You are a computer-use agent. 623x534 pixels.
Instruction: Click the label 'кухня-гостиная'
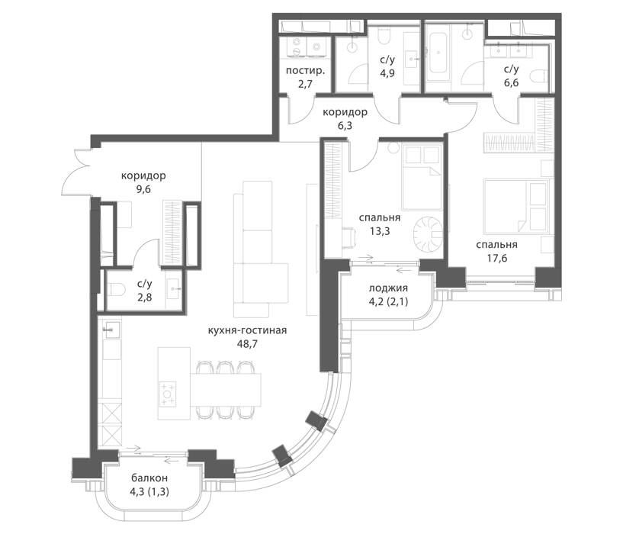tap(247, 330)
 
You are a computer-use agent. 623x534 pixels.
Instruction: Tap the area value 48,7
tap(247, 344)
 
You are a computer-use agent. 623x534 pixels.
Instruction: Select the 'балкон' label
tap(149, 478)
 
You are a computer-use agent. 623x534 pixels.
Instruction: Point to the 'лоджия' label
tap(388, 288)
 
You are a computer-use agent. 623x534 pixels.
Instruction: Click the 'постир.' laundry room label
tap(305, 71)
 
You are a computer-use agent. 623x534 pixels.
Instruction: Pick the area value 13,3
tap(380, 231)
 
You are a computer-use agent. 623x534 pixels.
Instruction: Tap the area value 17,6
tap(497, 259)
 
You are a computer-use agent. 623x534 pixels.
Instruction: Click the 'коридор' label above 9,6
tap(143, 175)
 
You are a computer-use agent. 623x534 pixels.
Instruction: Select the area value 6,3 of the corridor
tap(345, 126)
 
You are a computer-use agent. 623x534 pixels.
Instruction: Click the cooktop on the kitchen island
tap(168, 394)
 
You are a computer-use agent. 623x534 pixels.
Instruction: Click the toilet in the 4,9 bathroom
tap(384, 36)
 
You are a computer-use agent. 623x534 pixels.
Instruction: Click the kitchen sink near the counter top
tap(111, 330)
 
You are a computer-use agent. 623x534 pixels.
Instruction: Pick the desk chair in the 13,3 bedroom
tap(348, 236)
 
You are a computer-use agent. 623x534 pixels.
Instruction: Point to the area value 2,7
tap(305, 85)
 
